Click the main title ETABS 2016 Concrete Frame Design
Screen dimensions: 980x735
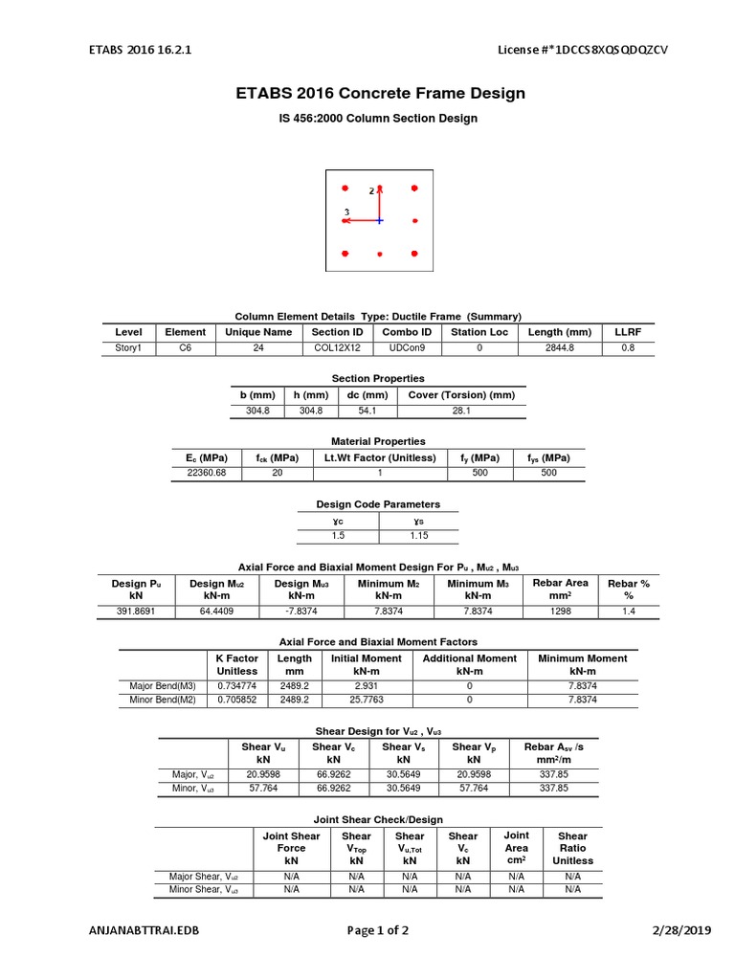tap(380, 94)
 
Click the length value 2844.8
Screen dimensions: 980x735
tap(559, 348)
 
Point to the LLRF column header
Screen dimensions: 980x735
tap(628, 332)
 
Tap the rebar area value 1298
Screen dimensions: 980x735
tap(560, 611)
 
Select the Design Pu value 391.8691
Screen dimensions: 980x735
tap(136, 611)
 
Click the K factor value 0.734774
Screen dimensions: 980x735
tap(236, 686)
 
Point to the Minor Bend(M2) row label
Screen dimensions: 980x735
tap(163, 700)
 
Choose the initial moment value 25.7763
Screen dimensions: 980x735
tap(367, 700)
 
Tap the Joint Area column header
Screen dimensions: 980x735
tap(516, 848)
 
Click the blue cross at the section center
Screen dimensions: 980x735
tap(380, 220)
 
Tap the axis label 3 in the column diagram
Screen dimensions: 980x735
tap(345, 212)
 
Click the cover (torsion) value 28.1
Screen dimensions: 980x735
tap(461, 411)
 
